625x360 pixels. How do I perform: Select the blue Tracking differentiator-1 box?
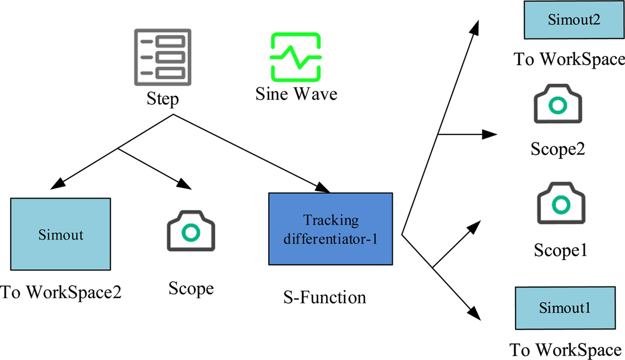330,228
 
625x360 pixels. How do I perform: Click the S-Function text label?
325,298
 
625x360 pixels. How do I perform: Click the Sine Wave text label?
296,94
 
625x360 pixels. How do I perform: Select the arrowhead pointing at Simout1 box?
475,314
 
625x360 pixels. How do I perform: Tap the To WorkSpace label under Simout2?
569,59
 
